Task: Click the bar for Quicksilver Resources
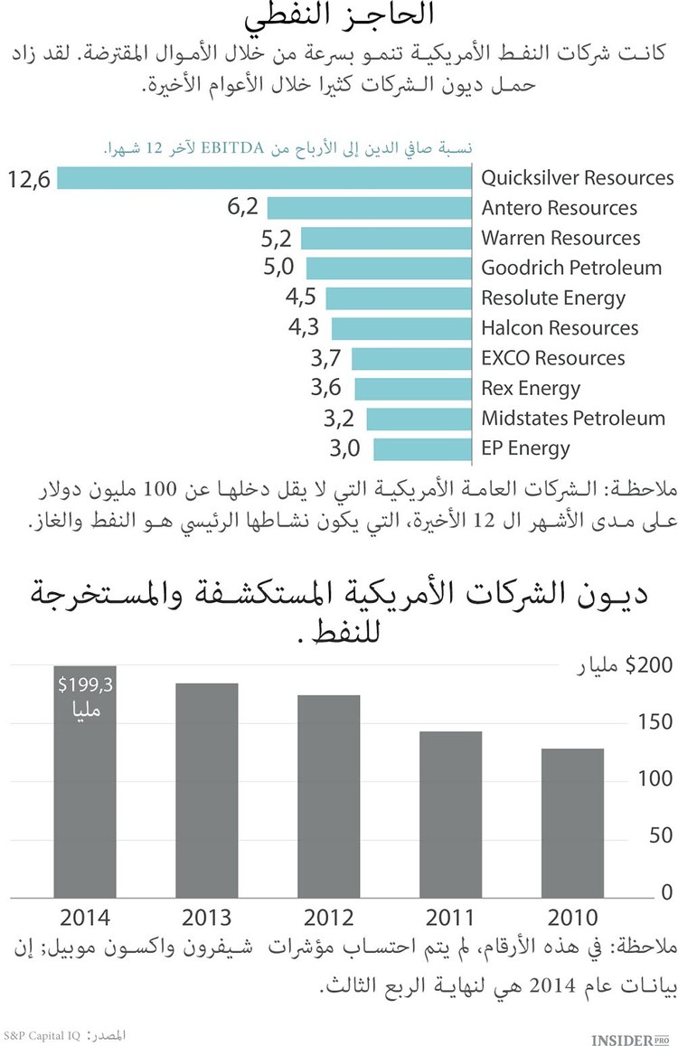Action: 266,178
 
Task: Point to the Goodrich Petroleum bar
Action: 390,269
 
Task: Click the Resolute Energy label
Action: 553,298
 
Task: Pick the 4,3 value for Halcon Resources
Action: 305,328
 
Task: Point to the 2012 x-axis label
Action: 328,918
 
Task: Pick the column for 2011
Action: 450,815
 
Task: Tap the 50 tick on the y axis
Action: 661,836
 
